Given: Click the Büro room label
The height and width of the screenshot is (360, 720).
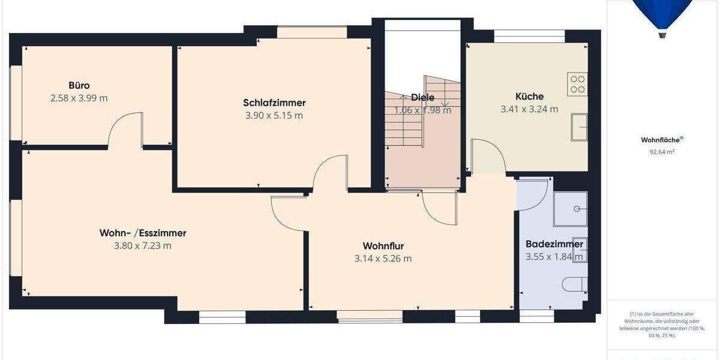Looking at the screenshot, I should pyautogui.click(x=79, y=85).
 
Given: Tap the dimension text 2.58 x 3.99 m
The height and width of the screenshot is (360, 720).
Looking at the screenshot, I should pyautogui.click(x=79, y=98).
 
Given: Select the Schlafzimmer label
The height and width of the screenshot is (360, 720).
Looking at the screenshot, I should pyautogui.click(x=274, y=103).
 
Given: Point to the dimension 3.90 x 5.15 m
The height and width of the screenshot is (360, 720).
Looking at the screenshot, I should pyautogui.click(x=274, y=115).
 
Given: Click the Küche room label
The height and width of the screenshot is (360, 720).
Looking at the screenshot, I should pyautogui.click(x=529, y=96).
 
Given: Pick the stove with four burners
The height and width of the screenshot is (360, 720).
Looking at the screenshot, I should pyautogui.click(x=577, y=83).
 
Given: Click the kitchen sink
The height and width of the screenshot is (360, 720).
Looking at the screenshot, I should pyautogui.click(x=579, y=127).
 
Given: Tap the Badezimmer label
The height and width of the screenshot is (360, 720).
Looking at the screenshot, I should pyautogui.click(x=554, y=244).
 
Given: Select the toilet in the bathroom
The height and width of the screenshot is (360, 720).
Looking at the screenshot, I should pyautogui.click(x=574, y=284).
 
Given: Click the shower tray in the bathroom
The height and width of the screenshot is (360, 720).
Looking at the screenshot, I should pyautogui.click(x=570, y=209).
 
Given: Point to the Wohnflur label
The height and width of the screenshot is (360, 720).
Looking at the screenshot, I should pyautogui.click(x=383, y=246).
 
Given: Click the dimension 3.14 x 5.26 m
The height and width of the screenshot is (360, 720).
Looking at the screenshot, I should pyautogui.click(x=383, y=259).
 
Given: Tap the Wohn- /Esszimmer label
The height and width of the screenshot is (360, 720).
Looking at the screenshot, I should pyautogui.click(x=143, y=233).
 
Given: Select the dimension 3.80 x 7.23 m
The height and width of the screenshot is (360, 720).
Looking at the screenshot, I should pyautogui.click(x=143, y=245).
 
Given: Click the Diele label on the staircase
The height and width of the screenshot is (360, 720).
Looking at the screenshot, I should pyautogui.click(x=422, y=97).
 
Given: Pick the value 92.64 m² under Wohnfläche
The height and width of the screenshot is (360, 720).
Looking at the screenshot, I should pyautogui.click(x=662, y=152).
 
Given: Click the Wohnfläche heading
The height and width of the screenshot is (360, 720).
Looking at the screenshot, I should pyautogui.click(x=662, y=140).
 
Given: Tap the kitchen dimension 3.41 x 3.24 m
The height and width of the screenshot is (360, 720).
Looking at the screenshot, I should pyautogui.click(x=529, y=109).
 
